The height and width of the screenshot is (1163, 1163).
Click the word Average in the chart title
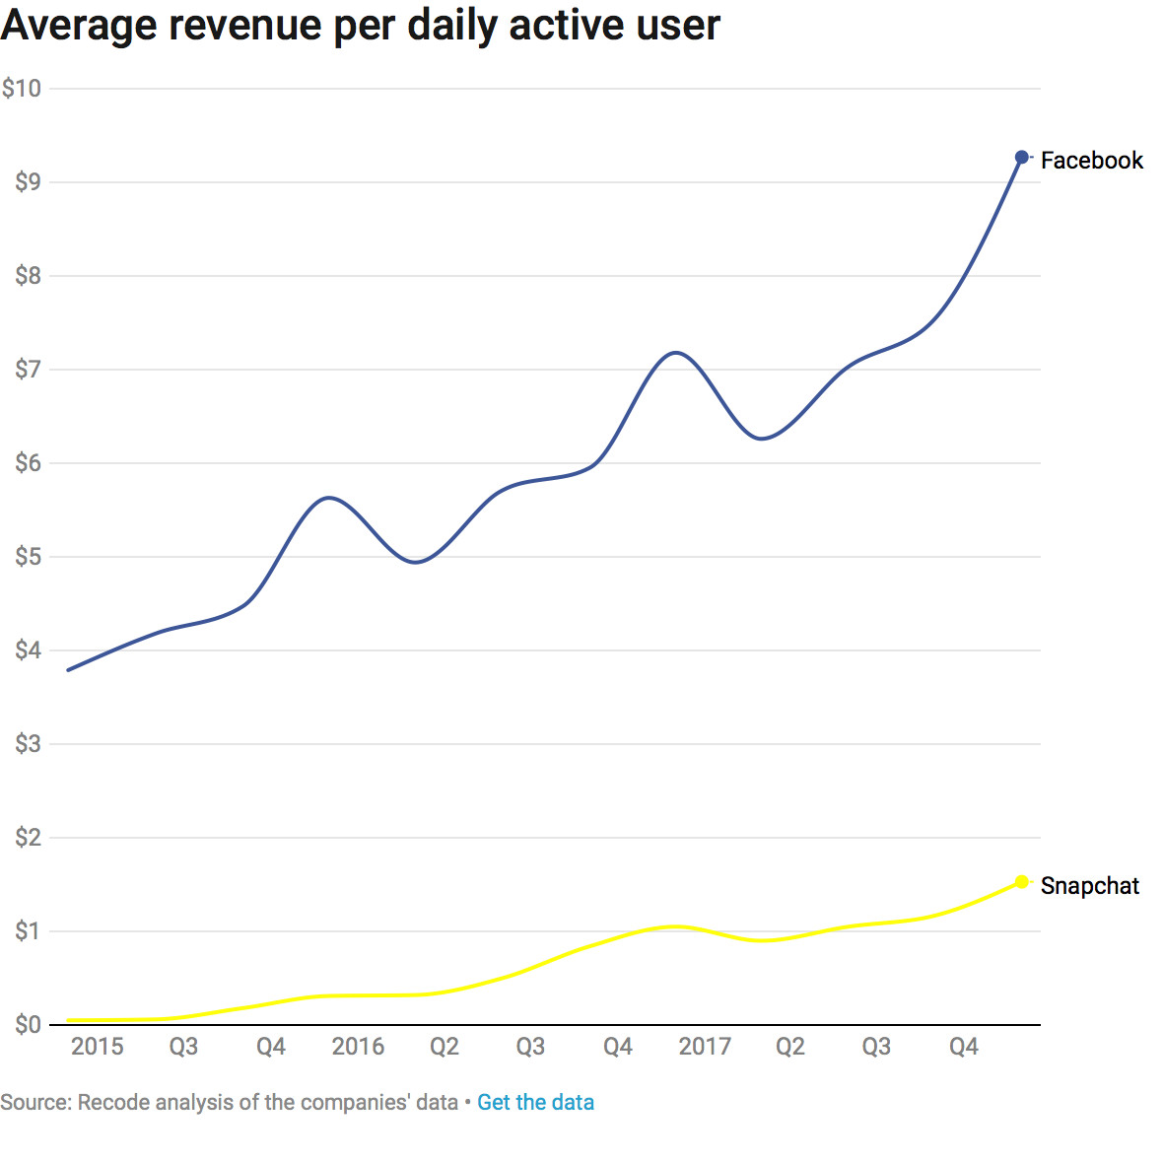pos(78,25)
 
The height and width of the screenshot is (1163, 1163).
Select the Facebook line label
pos(1091,161)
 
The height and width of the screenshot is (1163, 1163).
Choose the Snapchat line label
pos(1089,886)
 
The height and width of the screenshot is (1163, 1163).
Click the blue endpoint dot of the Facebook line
pos(1022,158)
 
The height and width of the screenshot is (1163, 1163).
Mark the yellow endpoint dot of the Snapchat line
pos(1022,882)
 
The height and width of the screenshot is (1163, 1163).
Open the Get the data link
pos(535,1102)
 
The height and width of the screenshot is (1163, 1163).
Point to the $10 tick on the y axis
pos(22,89)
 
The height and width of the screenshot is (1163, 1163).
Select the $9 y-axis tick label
pos(28,182)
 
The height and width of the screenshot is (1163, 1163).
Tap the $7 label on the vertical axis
pos(28,370)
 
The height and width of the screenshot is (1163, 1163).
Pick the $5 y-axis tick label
pos(28,557)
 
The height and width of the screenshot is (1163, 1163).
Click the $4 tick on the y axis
pos(28,650)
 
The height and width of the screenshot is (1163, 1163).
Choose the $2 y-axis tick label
pos(28,838)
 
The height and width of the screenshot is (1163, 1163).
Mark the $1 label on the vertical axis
pos(28,931)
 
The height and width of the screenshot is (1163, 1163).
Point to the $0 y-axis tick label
pos(28,1025)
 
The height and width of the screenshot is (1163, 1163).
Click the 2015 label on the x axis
pos(98,1047)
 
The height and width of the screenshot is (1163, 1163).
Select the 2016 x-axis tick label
pos(358,1047)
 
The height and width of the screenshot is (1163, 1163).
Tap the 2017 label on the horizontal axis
pos(705,1047)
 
